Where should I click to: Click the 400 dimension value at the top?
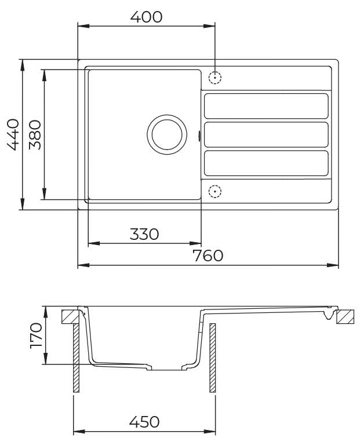146,17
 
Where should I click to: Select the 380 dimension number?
34,134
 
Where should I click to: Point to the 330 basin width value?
143,234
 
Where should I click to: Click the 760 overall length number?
208,256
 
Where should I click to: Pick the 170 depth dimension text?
36,336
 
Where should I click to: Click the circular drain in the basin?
168,134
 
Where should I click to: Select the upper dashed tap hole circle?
215,77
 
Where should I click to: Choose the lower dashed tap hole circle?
215,190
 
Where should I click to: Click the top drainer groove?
266,106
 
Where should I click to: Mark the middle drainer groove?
266,134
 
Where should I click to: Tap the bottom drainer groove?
266,163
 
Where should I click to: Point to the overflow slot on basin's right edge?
200,136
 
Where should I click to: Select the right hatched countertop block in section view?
344,316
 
